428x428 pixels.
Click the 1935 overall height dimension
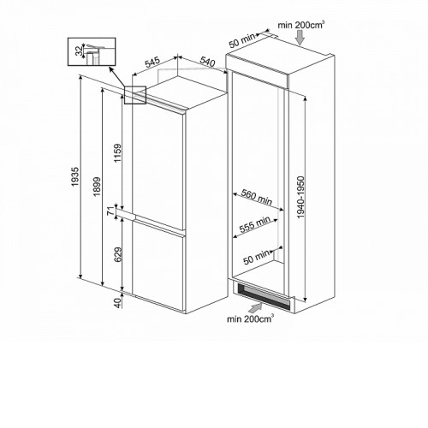coord(74,177)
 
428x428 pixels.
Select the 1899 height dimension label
coord(97,187)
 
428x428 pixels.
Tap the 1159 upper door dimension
coord(117,153)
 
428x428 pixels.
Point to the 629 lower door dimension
coord(117,254)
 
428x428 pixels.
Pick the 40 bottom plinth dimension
coord(117,303)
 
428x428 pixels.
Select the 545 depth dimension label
coord(153,62)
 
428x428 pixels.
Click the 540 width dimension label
coord(207,62)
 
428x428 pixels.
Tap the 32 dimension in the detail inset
coord(80,51)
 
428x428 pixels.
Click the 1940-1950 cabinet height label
coord(300,198)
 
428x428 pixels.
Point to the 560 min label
coord(257,197)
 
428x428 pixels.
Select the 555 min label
coord(254,224)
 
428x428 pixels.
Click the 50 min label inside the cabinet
coord(256,257)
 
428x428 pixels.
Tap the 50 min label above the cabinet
coord(242,41)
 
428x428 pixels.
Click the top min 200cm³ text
coord(300,25)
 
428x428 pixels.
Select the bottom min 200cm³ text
coord(250,318)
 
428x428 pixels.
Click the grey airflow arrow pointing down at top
coord(300,38)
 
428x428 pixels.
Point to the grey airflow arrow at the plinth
coord(255,307)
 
